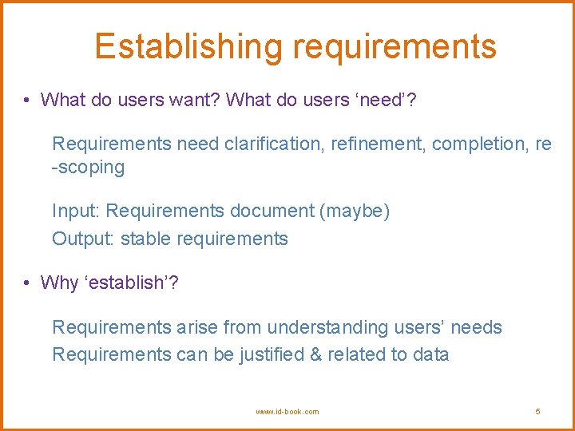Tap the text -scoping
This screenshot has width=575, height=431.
pyautogui.click(x=89, y=168)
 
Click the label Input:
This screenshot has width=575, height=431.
pyautogui.click(x=76, y=212)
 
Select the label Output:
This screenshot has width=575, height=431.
pyautogui.click(x=83, y=239)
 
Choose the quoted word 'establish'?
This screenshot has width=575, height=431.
pyautogui.click(x=131, y=283)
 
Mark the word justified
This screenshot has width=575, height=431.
pyautogui.click(x=272, y=354)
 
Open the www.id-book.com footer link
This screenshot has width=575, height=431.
pyautogui.click(x=287, y=412)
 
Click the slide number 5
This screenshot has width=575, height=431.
pyautogui.click(x=537, y=412)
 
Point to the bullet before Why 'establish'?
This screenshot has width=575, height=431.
pyautogui.click(x=27, y=283)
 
